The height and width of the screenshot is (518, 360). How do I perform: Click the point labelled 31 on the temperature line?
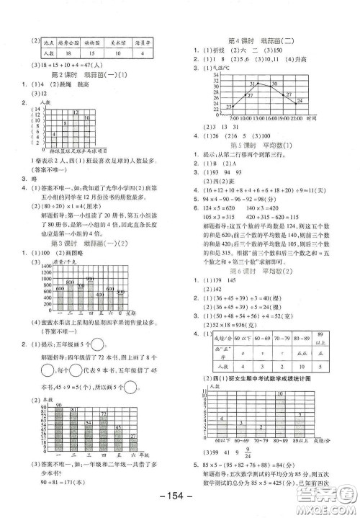coord(252,86)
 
